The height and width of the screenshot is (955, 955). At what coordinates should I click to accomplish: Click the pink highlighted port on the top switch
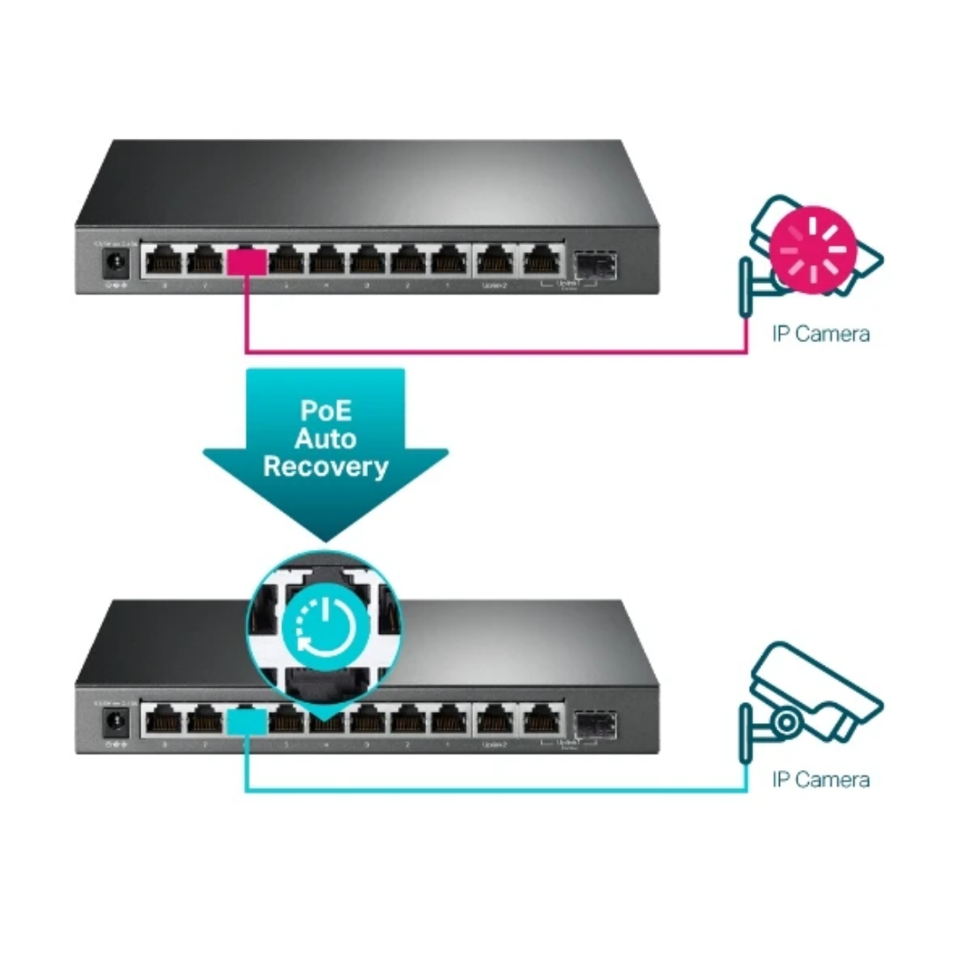click(x=247, y=262)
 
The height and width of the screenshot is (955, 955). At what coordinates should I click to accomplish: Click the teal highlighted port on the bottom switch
click(x=247, y=722)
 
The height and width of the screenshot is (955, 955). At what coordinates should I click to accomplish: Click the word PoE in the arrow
click(x=325, y=411)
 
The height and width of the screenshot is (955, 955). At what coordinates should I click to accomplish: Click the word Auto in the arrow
click(x=325, y=439)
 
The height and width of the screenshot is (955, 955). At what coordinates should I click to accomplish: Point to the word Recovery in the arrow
click(x=325, y=467)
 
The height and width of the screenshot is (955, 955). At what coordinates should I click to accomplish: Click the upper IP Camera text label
click(x=820, y=333)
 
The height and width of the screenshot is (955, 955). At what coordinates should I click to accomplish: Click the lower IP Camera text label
click(x=820, y=779)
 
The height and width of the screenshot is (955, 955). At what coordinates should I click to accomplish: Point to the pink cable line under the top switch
click(x=495, y=352)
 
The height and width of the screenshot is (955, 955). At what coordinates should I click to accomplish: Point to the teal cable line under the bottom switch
click(x=495, y=790)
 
